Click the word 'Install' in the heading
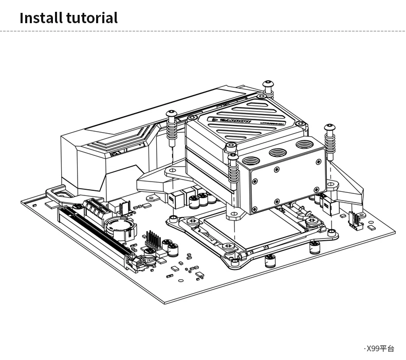tap(41, 18)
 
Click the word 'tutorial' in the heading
tap(91, 18)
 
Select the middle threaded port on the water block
tap(279, 153)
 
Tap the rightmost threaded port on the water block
tap(307, 146)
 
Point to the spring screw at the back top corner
tap(268, 87)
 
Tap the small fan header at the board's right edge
tap(355, 219)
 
